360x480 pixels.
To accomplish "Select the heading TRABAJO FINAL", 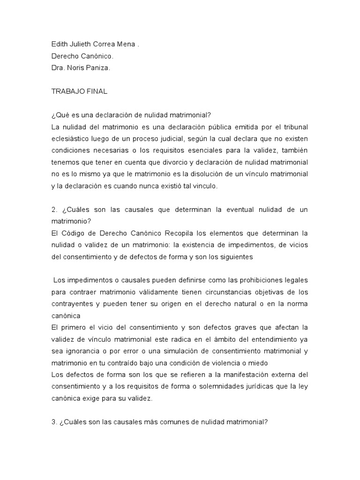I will tap(79, 91).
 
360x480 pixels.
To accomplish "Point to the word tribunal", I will tap(293, 127).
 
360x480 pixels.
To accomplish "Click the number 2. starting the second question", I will tap(54, 210).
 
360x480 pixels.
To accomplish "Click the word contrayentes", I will tap(72, 304).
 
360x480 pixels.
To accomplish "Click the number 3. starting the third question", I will tap(54, 422).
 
